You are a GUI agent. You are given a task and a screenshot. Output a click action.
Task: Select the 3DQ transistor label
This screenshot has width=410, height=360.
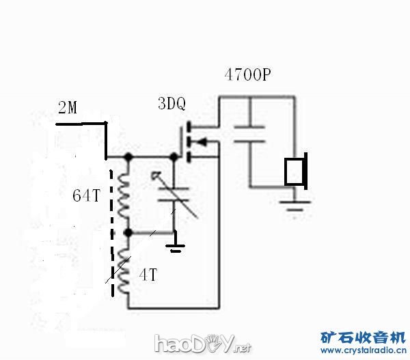(x=172, y=104)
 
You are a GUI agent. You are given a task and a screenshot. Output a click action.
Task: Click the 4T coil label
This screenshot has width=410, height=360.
(x=148, y=275)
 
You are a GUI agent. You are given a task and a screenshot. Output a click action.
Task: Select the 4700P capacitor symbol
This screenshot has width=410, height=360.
(x=249, y=133)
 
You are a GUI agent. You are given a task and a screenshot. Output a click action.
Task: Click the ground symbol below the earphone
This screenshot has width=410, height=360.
(x=295, y=203)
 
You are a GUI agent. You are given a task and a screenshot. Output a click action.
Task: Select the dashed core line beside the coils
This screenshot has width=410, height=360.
(x=111, y=225)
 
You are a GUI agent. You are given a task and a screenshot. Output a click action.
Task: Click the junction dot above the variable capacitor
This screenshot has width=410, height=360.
(x=174, y=157)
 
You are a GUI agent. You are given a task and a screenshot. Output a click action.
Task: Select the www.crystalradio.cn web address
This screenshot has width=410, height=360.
(x=362, y=350)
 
